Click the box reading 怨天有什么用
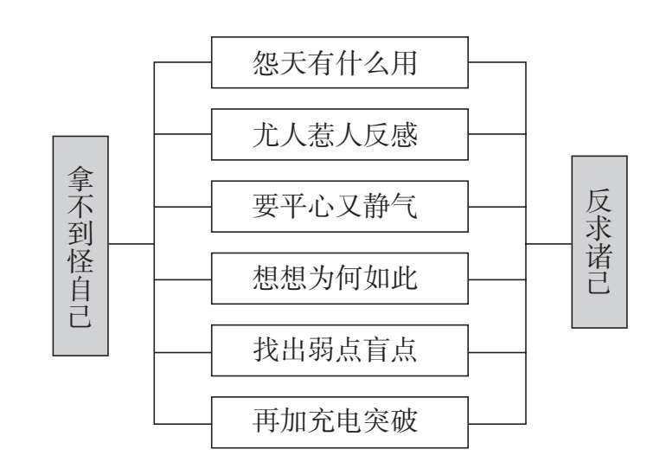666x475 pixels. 340,62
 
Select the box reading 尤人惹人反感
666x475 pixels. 340,134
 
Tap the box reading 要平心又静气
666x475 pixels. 340,206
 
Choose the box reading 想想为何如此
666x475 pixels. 340,278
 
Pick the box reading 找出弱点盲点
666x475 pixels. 340,350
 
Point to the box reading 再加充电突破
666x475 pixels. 340,422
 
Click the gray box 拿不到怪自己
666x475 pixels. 80,246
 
